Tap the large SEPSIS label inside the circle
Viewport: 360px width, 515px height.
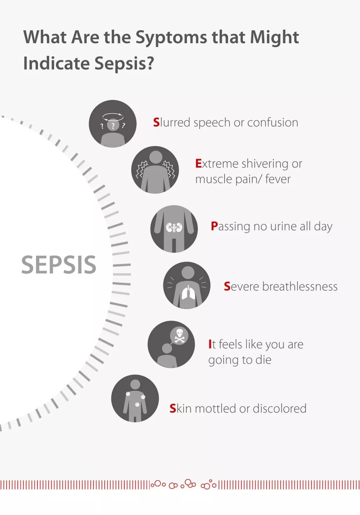(x=59, y=265)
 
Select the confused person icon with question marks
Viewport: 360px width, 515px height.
(x=112, y=124)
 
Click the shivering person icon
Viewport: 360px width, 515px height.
(x=155, y=170)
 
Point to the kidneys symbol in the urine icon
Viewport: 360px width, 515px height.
(x=174, y=228)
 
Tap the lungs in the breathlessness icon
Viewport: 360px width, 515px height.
(x=188, y=292)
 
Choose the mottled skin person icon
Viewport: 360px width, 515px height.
(x=135, y=398)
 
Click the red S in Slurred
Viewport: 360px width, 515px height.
(x=156, y=122)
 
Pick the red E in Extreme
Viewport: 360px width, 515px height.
(x=198, y=164)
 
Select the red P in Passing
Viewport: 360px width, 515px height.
(x=214, y=226)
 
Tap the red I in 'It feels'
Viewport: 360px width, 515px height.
(x=210, y=344)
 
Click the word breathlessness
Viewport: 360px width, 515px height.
(x=300, y=286)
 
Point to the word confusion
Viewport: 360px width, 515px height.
(x=273, y=123)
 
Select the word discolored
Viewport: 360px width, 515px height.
(x=279, y=408)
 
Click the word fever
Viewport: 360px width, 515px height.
(x=278, y=179)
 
